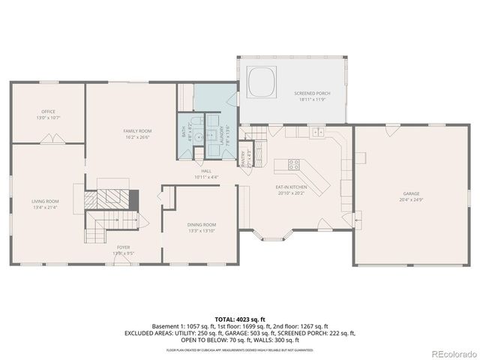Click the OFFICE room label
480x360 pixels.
47,112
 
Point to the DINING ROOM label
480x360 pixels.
201,224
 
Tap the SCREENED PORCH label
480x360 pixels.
309,94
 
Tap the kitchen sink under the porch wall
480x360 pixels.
317,132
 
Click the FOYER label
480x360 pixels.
122,247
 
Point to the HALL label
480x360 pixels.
205,171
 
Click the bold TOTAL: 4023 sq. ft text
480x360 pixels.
239,319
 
